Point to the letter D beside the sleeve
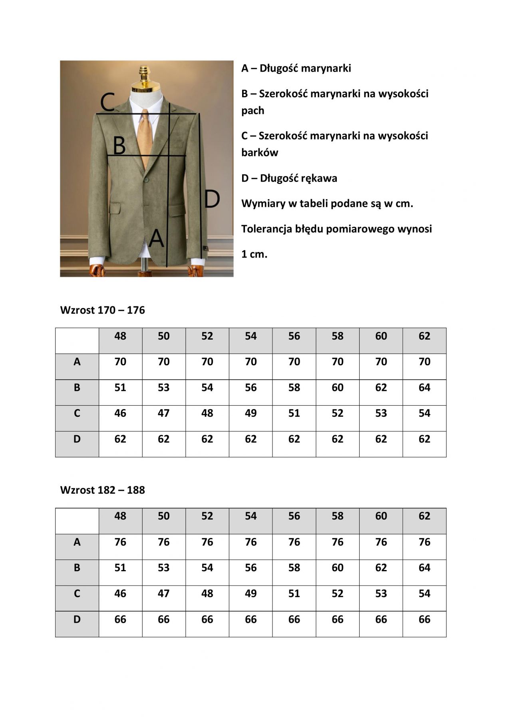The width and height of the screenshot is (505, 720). tap(212, 199)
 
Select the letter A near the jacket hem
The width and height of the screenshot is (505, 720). tap(156, 238)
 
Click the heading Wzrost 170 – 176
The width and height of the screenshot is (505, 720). tap(102, 310)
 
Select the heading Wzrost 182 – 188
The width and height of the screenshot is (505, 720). tap(102, 490)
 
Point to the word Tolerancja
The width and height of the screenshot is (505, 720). tap(266, 229)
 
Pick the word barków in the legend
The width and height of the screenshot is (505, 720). tap(259, 152)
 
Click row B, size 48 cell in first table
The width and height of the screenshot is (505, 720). tap(120, 388)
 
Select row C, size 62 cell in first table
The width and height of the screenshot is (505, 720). tap(424, 413)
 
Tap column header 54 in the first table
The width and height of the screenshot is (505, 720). tap(251, 336)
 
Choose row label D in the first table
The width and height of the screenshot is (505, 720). tap(77, 439)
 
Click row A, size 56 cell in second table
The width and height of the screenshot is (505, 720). tap(294, 542)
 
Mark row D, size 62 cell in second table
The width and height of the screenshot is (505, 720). tap(424, 619)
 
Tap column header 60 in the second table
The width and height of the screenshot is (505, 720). tap(381, 516)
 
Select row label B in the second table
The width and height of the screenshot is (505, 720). tap(77, 568)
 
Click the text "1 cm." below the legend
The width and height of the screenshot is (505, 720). tap(254, 254)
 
